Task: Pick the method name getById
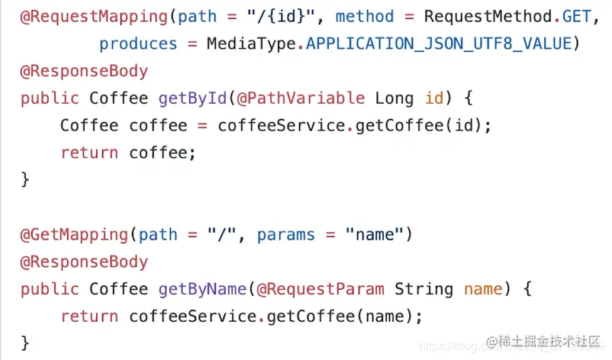tap(192, 98)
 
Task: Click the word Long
tap(394, 98)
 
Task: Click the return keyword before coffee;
tap(89, 153)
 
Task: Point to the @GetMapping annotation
tap(74, 234)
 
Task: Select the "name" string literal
tap(375, 234)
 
